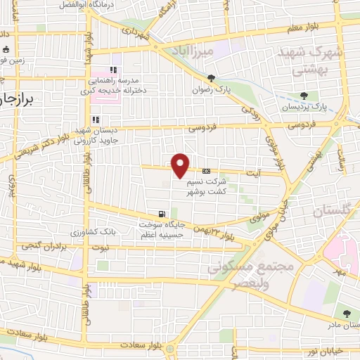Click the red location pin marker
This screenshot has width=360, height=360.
coord(181,165)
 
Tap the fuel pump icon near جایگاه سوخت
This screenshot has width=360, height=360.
coord(162,214)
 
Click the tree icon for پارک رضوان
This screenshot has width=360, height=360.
coord(212,78)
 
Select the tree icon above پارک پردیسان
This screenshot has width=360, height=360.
coord(304,96)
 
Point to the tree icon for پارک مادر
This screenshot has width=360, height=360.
coord(345,314)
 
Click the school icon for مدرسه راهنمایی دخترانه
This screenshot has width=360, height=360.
coord(112,70)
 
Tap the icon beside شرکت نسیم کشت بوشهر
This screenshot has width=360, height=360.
coord(206,171)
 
